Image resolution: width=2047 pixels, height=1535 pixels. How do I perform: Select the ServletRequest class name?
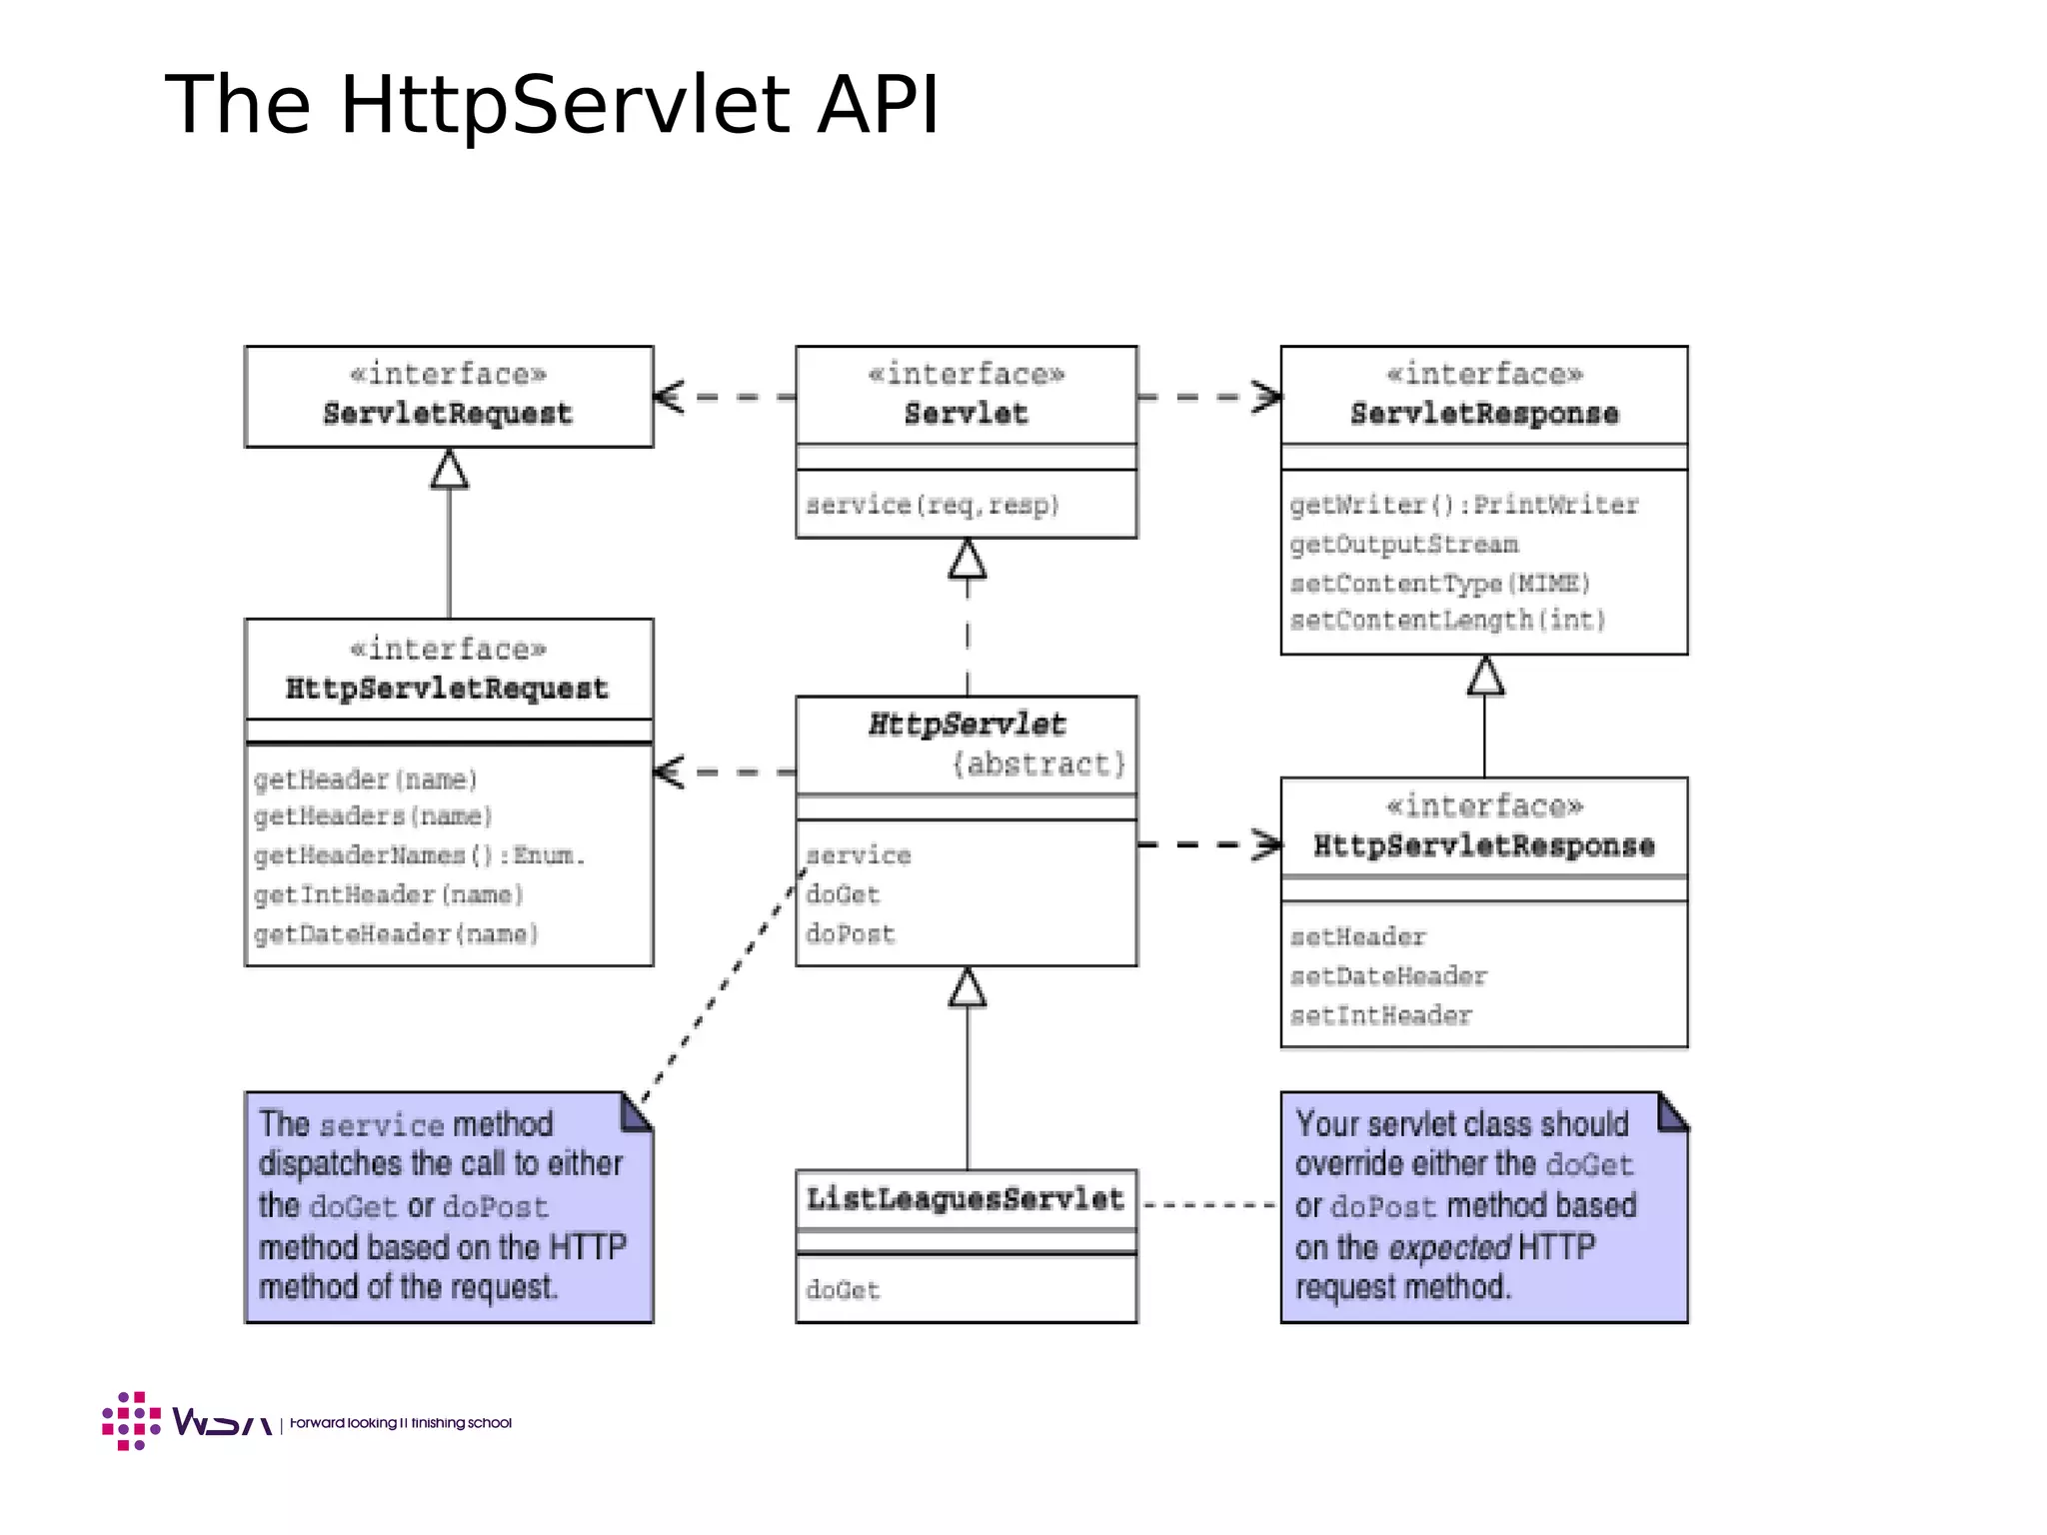click(x=447, y=414)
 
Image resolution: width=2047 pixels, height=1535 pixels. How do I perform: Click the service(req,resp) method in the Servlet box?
click(x=932, y=506)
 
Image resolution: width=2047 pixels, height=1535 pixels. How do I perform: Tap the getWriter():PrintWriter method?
click(x=1463, y=506)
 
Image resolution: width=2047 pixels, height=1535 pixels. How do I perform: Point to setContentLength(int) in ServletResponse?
click(x=1447, y=621)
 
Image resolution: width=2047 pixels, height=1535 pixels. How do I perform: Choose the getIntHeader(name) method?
click(x=389, y=894)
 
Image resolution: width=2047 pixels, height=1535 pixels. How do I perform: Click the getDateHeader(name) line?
click(x=396, y=934)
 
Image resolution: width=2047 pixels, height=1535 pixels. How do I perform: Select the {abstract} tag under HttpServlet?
click(x=1038, y=765)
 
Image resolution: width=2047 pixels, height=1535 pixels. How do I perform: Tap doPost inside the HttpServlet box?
click(x=851, y=934)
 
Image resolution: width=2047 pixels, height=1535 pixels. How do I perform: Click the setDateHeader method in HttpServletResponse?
click(x=1388, y=976)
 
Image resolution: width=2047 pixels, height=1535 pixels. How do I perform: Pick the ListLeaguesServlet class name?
click(x=965, y=1198)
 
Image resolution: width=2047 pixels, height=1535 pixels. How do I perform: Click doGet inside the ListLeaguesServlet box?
click(x=843, y=1290)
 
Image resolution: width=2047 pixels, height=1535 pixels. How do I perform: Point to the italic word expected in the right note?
click(x=1449, y=1248)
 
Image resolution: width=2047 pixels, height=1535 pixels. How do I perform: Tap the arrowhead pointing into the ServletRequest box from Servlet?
click(x=668, y=397)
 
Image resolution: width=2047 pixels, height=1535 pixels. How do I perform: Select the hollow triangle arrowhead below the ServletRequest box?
click(x=449, y=469)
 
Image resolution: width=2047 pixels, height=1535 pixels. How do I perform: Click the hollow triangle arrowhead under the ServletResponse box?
click(x=1484, y=677)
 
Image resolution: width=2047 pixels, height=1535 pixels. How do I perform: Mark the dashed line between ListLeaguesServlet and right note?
click(x=1208, y=1205)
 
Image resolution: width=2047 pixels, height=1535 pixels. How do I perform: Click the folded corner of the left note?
click(x=636, y=1112)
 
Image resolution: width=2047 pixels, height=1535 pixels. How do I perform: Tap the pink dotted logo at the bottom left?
click(x=131, y=1420)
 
